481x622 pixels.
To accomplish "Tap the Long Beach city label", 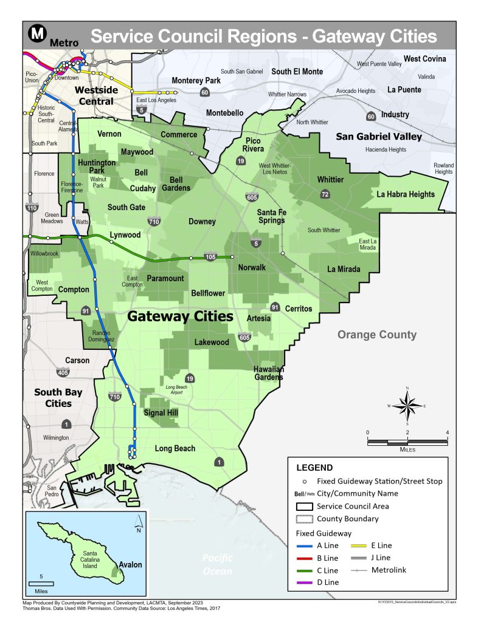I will pos(175,449).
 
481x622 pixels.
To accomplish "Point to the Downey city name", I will pos(202,222).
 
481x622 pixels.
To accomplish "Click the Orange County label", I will pos(377,335).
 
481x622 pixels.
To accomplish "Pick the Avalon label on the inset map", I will pos(130,565).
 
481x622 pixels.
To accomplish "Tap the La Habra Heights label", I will pos(406,194).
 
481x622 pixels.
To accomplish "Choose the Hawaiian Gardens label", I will pos(268,373).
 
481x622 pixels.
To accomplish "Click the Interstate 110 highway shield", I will pos(32,208).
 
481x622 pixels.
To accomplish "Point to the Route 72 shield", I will pos(326,194).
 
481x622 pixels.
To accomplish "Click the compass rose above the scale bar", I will pos(407,405).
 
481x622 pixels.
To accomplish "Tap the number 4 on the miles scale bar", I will pos(447,432).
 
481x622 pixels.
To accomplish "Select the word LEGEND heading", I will pos(314,468).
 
